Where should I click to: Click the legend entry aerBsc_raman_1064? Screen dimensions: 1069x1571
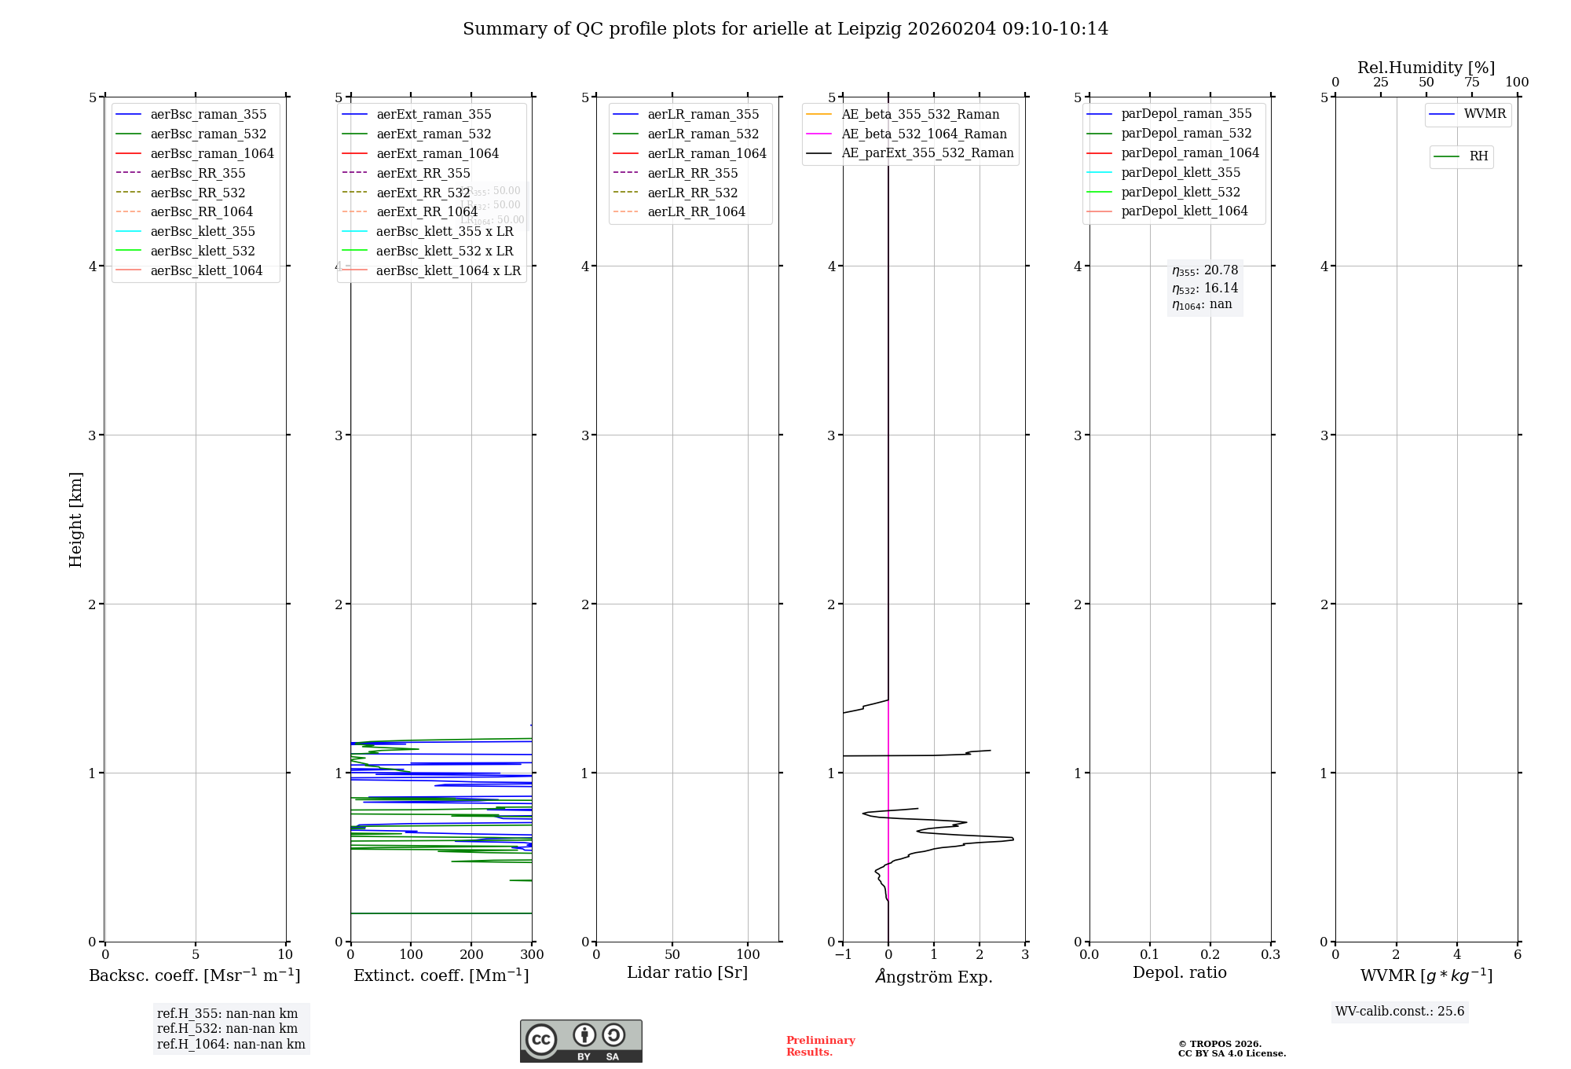pyautogui.click(x=212, y=153)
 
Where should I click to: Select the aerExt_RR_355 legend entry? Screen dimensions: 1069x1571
pyautogui.click(x=423, y=173)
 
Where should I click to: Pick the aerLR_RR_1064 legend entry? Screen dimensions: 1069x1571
pyautogui.click(x=696, y=211)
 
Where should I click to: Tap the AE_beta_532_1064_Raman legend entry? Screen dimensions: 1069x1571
pyautogui.click(x=924, y=134)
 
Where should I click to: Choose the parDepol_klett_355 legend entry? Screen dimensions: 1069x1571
pyautogui.click(x=1181, y=172)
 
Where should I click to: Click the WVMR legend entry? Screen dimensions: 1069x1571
pyautogui.click(x=1485, y=114)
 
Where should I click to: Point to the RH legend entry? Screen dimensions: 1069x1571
pyautogui.click(x=1478, y=156)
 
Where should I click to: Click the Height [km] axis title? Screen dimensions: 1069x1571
pyautogui.click(x=75, y=519)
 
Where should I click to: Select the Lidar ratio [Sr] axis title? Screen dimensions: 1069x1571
pyautogui.click(x=687, y=972)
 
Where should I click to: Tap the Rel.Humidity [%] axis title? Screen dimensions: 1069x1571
pyautogui.click(x=1426, y=68)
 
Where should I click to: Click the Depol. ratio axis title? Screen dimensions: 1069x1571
pyautogui.click(x=1179, y=972)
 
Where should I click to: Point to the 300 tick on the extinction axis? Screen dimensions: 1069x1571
pyautogui.click(x=533, y=955)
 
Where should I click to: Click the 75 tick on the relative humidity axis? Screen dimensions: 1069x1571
pyautogui.click(x=1471, y=83)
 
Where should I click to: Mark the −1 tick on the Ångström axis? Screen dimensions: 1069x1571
pyautogui.click(x=843, y=955)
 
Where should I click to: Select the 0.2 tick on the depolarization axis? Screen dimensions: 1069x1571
pyautogui.click(x=1210, y=955)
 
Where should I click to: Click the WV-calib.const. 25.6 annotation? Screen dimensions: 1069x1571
pyautogui.click(x=1400, y=1012)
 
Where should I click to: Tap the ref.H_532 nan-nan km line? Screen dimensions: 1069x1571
pyautogui.click(x=227, y=1029)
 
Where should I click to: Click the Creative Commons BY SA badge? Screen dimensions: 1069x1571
pyautogui.click(x=580, y=1041)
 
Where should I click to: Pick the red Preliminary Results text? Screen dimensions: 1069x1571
pyautogui.click(x=820, y=1046)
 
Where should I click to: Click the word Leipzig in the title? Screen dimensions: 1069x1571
pyautogui.click(x=869, y=29)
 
